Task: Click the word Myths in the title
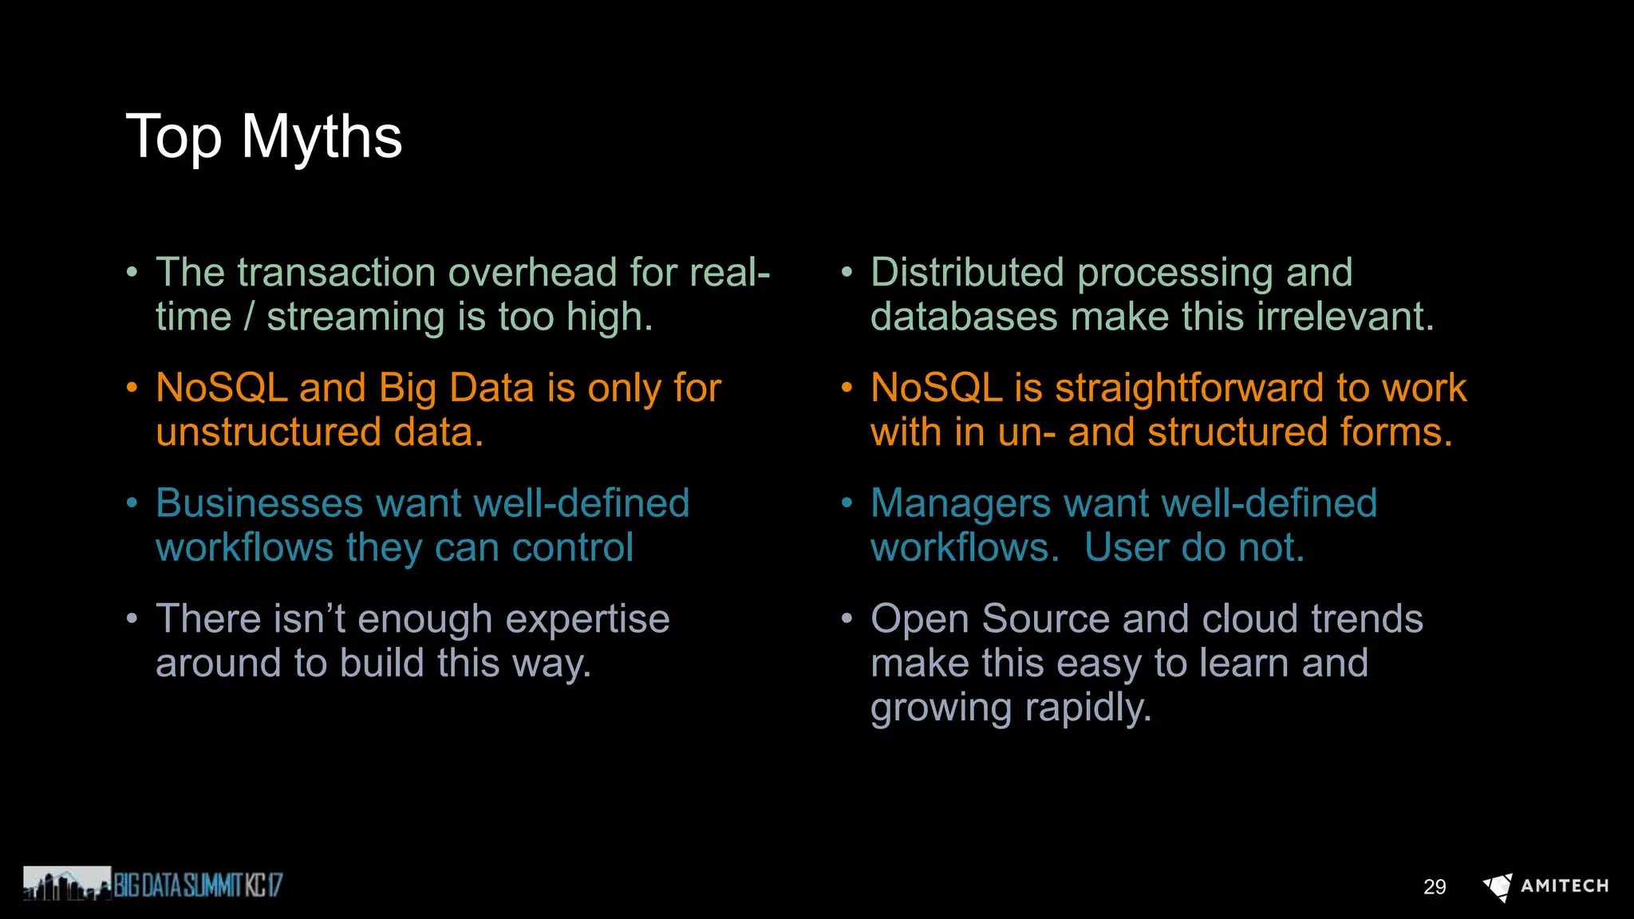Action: (322, 137)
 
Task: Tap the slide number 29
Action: (1434, 887)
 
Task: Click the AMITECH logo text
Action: (1564, 886)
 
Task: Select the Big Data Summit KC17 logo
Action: (153, 884)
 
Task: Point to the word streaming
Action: (355, 318)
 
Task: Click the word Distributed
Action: (967, 273)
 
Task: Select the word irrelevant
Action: (1345, 317)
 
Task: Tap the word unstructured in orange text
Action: (268, 432)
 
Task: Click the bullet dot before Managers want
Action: (847, 503)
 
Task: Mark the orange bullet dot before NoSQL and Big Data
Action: (132, 389)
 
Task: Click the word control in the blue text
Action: (572, 548)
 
